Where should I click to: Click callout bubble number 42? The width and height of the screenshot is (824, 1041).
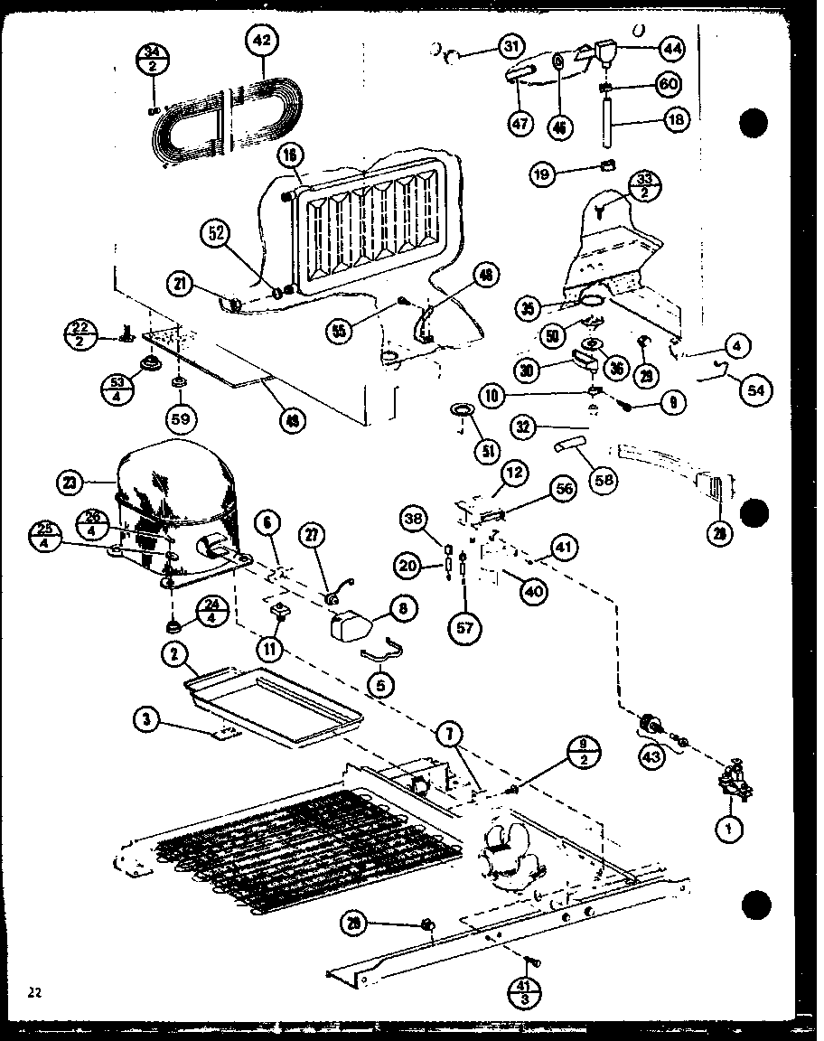[263, 41]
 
